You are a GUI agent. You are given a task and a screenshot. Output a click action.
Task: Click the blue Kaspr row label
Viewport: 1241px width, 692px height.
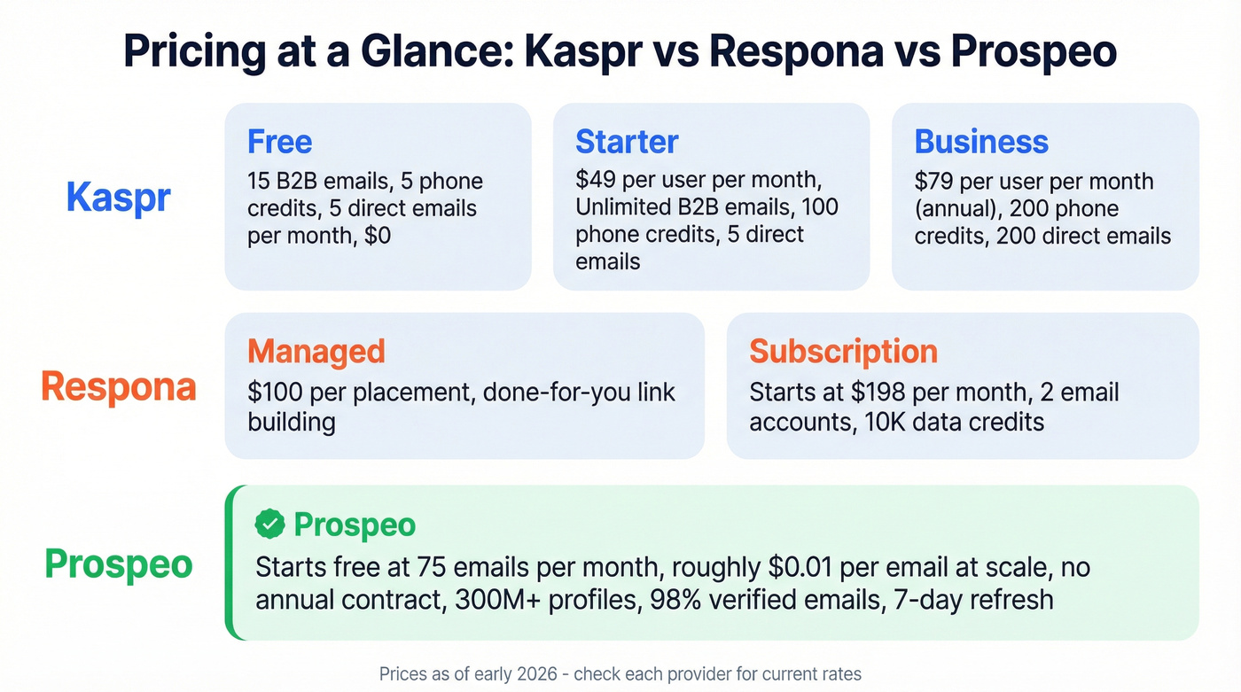118,198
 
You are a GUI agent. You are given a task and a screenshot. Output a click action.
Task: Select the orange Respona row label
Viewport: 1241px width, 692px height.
118,386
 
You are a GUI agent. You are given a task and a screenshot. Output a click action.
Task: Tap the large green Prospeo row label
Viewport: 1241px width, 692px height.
118,564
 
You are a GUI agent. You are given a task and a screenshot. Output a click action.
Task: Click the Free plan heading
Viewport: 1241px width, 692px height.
279,142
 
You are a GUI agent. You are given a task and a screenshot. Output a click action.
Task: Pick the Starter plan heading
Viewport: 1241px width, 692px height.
626,142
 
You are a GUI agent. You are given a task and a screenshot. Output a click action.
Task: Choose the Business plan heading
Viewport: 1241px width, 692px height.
980,142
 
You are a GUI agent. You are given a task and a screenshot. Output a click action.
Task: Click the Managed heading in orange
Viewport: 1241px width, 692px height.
316,351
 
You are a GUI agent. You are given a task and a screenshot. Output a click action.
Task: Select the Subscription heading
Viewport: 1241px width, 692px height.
843,351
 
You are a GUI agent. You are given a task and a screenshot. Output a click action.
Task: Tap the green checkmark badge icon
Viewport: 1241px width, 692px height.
269,525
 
